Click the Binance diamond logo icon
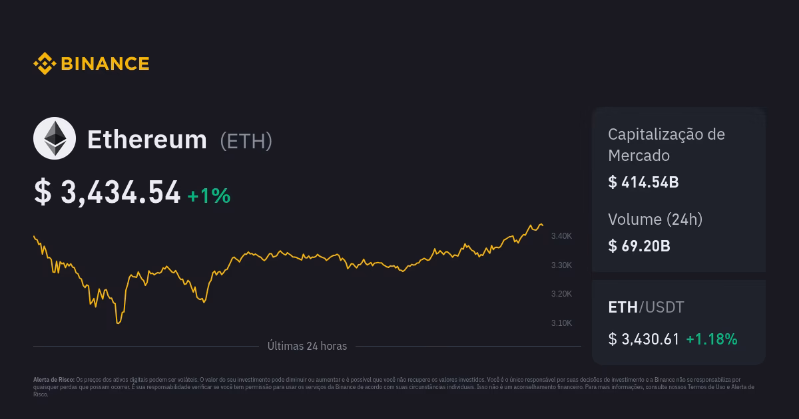coord(44,64)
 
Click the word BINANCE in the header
coord(105,64)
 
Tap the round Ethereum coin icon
coord(55,138)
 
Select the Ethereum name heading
coord(147,140)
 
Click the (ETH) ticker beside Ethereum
coord(246,141)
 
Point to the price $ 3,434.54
coord(107,193)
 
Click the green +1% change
coord(208,196)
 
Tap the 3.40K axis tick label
coord(561,236)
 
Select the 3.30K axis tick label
coord(561,265)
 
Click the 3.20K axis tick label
coord(561,294)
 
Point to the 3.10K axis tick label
coord(561,323)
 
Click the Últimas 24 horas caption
coord(307,346)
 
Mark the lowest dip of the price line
coord(119,323)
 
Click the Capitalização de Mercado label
coord(666,144)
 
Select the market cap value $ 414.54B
coord(643,182)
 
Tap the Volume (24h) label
coord(655,219)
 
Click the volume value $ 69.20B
coord(639,246)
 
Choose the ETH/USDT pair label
coord(646,307)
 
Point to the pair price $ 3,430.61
coord(644,339)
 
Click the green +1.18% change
coord(712,339)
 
